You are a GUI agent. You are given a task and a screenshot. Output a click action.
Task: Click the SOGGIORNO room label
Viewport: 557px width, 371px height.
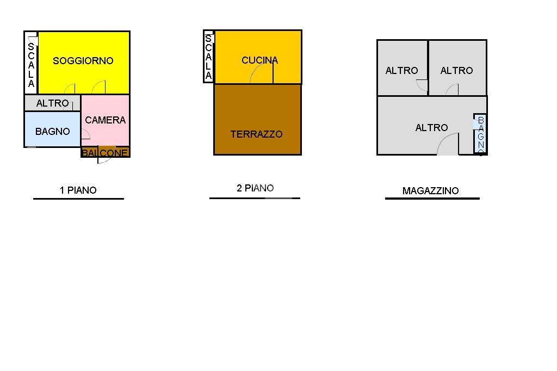[83, 61]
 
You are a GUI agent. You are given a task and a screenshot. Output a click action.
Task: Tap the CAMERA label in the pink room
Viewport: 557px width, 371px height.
[106, 120]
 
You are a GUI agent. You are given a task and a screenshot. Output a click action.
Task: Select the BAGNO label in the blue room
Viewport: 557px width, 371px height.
[53, 132]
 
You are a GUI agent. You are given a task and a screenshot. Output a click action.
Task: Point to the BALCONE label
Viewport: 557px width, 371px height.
[106, 153]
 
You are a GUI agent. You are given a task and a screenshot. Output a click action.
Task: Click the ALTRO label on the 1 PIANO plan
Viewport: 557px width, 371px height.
[53, 103]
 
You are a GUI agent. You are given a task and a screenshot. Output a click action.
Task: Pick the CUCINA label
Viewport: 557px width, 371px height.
[259, 60]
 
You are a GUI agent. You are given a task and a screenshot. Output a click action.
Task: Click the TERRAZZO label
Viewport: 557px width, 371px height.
[256, 134]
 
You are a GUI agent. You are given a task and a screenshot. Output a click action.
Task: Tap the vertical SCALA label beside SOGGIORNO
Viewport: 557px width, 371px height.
[31, 65]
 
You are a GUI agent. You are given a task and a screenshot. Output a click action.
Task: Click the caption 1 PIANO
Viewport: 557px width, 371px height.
[78, 190]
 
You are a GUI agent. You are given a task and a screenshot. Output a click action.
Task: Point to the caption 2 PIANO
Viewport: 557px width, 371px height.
[255, 188]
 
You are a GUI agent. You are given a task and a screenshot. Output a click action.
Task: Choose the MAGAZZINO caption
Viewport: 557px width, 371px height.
[430, 191]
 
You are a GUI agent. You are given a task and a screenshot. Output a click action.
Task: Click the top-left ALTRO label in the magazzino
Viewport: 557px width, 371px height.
[401, 71]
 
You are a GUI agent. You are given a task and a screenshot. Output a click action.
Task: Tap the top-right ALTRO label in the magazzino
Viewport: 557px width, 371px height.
[456, 71]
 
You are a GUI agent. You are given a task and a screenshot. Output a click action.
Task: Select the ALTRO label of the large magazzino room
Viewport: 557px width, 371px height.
[431, 128]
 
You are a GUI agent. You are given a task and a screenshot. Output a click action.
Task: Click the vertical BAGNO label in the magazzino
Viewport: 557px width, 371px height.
[480, 135]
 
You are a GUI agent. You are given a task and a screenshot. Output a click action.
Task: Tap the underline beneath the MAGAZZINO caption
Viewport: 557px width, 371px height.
[432, 199]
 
